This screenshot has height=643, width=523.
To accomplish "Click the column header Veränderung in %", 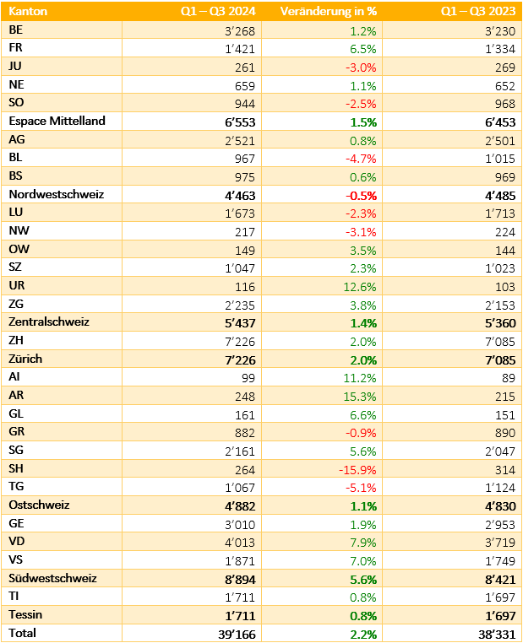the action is [x=329, y=11].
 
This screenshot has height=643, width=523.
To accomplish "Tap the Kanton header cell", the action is [x=28, y=11].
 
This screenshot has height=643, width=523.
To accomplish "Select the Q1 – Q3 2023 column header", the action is [x=478, y=11].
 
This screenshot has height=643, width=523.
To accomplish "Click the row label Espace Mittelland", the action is [x=57, y=121].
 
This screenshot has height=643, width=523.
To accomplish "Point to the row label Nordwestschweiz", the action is [x=57, y=194].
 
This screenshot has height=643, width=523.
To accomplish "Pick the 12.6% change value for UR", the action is [x=360, y=287].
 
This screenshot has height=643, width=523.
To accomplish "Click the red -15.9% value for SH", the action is [x=357, y=469].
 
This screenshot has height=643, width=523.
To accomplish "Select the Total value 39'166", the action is [x=237, y=635].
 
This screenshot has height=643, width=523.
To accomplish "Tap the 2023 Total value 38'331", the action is [x=497, y=635].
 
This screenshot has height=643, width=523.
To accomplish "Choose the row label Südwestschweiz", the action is [x=52, y=578].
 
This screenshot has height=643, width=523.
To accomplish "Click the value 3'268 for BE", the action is [x=240, y=31].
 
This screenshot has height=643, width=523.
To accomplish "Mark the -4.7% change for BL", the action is [x=361, y=159].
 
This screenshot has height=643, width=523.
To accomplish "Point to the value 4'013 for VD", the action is [x=240, y=542].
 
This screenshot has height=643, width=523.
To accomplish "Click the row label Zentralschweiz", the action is [x=49, y=321].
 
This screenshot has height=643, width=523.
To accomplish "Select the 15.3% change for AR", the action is [x=360, y=397].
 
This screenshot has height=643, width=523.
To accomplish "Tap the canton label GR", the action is [x=16, y=431].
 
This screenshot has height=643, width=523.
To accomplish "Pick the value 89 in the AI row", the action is [x=509, y=378].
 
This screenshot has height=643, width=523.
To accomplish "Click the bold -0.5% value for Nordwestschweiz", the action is [x=362, y=196].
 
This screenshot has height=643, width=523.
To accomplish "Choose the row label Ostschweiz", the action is [x=39, y=505].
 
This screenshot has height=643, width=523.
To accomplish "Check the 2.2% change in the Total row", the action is [x=363, y=635].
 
